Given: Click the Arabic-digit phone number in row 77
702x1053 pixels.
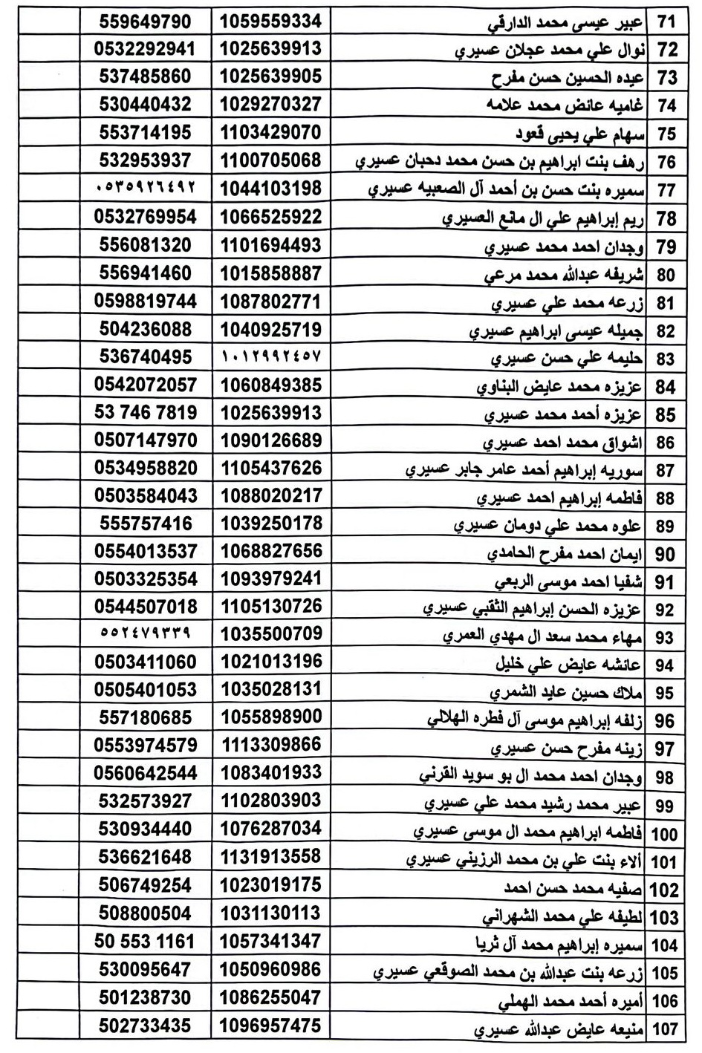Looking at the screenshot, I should pos(146,189).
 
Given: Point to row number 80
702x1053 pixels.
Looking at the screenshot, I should pos(666,275).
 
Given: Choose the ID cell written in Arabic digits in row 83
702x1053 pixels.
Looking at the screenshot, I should pos(271,357).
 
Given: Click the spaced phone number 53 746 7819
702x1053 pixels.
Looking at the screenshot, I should pos(146,413).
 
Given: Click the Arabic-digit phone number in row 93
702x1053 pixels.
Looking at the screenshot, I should pos(146,634).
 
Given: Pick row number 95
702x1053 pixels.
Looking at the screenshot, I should pos(666,692).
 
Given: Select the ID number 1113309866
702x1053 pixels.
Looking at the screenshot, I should pos(271,745).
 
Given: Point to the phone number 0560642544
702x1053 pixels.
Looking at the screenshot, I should pos(146,773).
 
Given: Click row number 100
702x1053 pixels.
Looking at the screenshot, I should pos(664,833).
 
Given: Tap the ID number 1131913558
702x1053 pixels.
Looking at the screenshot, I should pos(271,856).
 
